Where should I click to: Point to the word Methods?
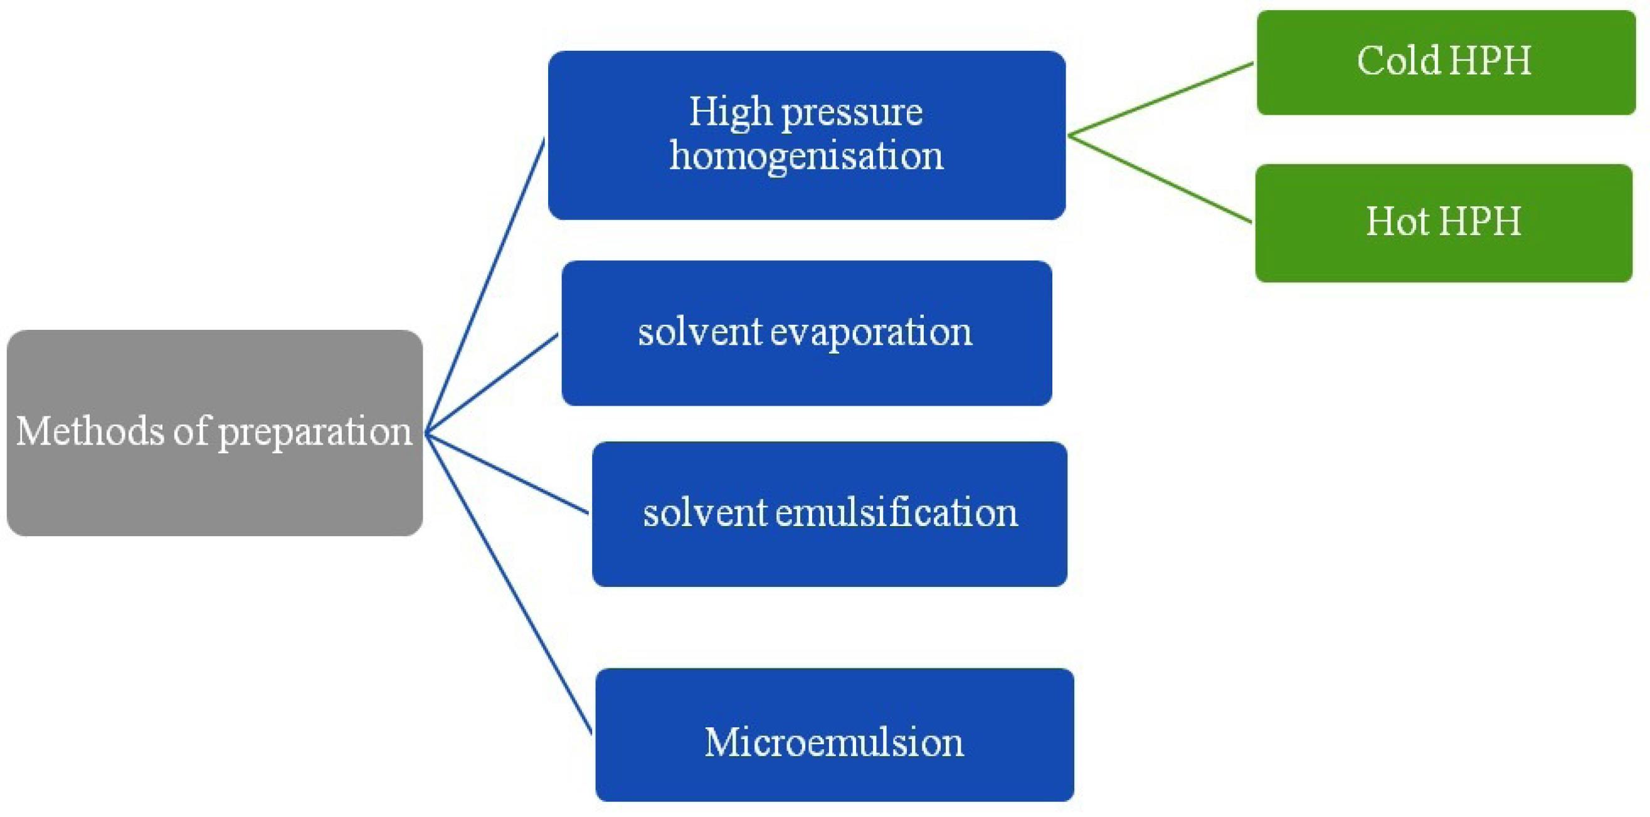(90, 430)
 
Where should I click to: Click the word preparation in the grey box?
(315, 433)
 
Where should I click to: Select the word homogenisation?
(806, 156)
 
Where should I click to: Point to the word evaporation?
(870, 333)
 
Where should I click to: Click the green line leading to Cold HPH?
(1161, 99)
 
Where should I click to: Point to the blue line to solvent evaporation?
(492, 382)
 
